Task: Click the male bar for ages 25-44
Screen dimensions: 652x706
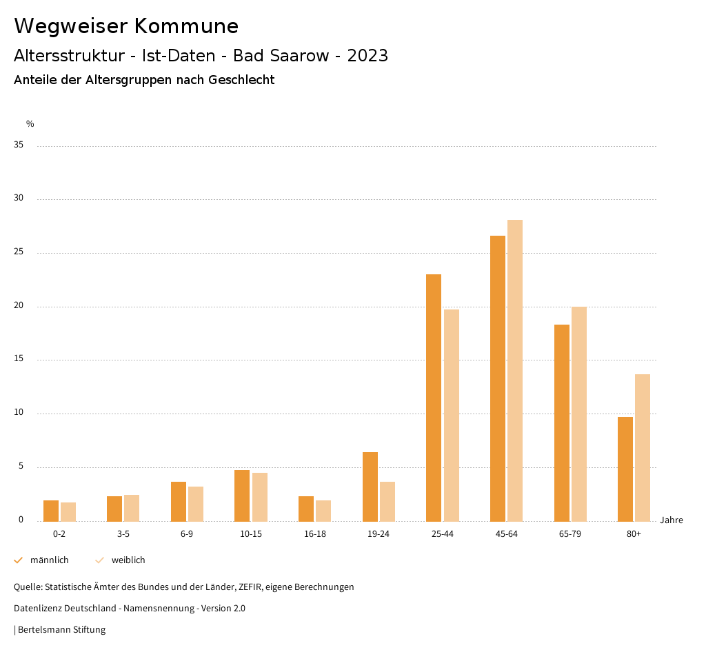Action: pyautogui.click(x=434, y=398)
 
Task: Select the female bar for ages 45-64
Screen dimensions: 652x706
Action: pyautogui.click(x=515, y=370)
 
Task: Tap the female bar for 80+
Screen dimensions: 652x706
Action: pyautogui.click(x=643, y=447)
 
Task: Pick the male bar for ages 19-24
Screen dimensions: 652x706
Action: pyautogui.click(x=370, y=487)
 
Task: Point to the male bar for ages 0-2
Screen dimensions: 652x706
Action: pyautogui.click(x=51, y=511)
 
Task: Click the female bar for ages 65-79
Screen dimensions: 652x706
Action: pyautogui.click(x=579, y=414)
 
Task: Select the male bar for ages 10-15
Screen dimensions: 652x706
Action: pyautogui.click(x=242, y=496)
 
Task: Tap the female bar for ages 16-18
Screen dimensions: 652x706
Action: pyautogui.click(x=323, y=511)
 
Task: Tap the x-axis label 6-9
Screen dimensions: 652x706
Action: pyautogui.click(x=187, y=534)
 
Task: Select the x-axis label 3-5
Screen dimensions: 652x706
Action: pyautogui.click(x=123, y=534)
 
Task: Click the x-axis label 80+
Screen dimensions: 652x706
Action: pyautogui.click(x=634, y=534)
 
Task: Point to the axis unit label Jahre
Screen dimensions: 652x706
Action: pyautogui.click(x=672, y=520)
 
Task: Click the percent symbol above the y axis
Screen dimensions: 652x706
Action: pyautogui.click(x=30, y=124)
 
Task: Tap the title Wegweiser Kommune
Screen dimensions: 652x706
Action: pyautogui.click(x=126, y=26)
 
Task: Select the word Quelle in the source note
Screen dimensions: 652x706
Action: pyautogui.click(x=27, y=587)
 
